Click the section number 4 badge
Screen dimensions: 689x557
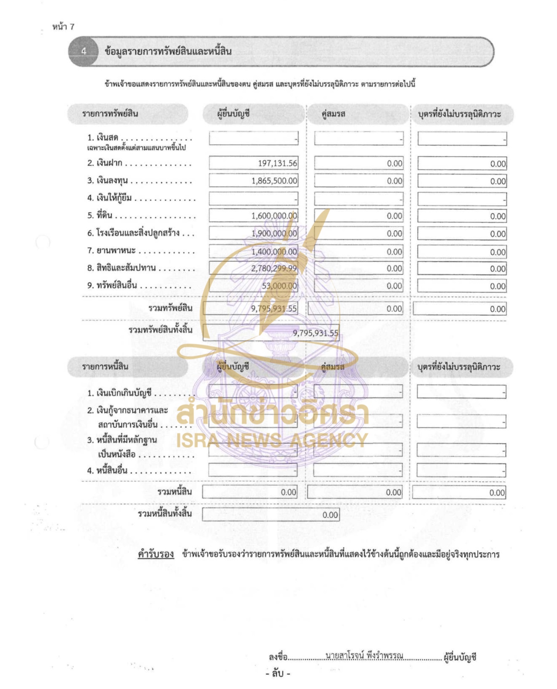coord(84,51)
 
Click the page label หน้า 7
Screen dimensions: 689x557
coord(63,27)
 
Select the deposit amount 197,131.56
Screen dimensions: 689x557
coord(277,163)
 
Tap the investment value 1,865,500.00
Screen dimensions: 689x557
coord(274,181)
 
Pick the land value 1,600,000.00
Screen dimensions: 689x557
coord(274,216)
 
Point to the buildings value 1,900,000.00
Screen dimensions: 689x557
coord(274,234)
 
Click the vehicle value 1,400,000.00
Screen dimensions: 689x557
coord(274,252)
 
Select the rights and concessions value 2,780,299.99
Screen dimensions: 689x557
coord(274,268)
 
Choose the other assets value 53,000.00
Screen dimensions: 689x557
coord(279,286)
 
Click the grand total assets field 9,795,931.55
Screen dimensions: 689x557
coord(315,333)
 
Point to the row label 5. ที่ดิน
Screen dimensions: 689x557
coord(100,215)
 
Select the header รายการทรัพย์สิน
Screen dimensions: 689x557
coord(110,113)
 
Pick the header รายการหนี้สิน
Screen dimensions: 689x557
coord(105,367)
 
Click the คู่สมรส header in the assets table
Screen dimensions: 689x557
coord(333,114)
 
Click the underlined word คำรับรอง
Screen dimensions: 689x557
coord(156,554)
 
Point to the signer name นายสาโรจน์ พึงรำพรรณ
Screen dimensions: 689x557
coord(364,655)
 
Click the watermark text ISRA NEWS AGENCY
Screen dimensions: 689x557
coord(272,440)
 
